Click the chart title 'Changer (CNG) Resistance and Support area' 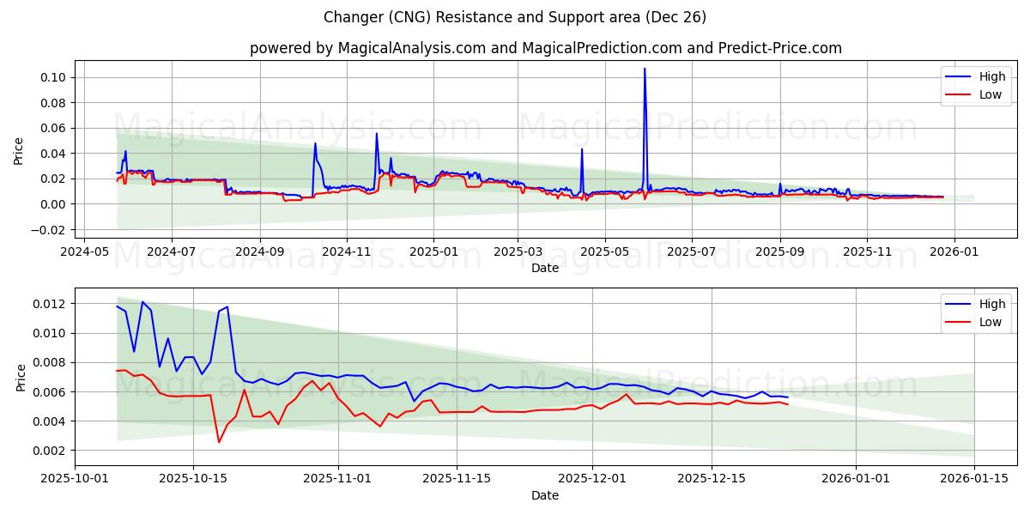point(515,17)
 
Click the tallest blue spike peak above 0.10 point(645,69)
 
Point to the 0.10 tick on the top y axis point(54,77)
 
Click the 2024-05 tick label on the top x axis point(84,251)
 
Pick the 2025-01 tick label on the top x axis point(433,251)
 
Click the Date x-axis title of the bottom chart point(545,495)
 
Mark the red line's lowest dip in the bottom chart point(219,442)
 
